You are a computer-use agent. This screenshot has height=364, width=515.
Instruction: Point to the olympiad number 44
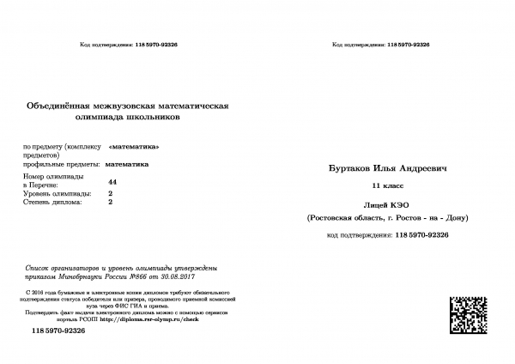(x=113, y=183)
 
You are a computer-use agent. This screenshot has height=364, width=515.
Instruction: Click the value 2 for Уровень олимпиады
(x=111, y=194)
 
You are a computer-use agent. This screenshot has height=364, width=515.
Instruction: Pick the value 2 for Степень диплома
(x=111, y=203)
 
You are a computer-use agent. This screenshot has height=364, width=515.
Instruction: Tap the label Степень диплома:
(x=52, y=203)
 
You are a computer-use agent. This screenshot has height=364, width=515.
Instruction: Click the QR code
(x=470, y=314)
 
